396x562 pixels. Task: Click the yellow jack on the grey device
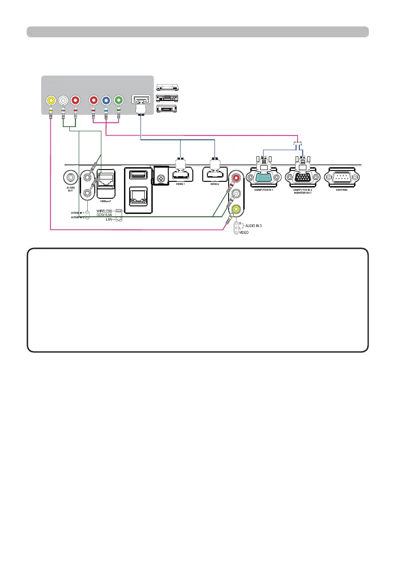(x=50, y=101)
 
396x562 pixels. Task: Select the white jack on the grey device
(x=63, y=101)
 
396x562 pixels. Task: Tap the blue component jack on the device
(x=106, y=101)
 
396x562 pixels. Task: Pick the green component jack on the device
(x=118, y=101)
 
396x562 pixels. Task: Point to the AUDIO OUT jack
(x=70, y=178)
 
